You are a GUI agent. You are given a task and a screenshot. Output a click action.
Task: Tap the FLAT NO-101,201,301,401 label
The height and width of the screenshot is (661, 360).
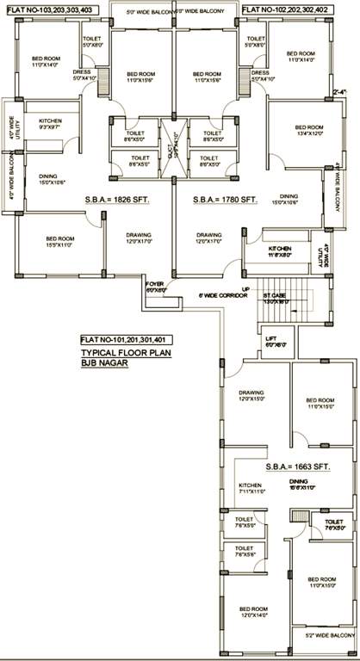[x=125, y=338]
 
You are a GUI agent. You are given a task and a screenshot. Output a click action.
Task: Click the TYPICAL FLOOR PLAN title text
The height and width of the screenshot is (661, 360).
[x=122, y=353]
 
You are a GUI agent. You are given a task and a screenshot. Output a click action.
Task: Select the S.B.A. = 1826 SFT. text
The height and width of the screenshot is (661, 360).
[x=117, y=200]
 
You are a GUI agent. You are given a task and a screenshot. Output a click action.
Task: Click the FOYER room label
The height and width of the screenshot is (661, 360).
[x=154, y=286]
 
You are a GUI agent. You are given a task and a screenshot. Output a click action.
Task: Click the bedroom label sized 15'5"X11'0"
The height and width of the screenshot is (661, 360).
[x=61, y=242]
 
